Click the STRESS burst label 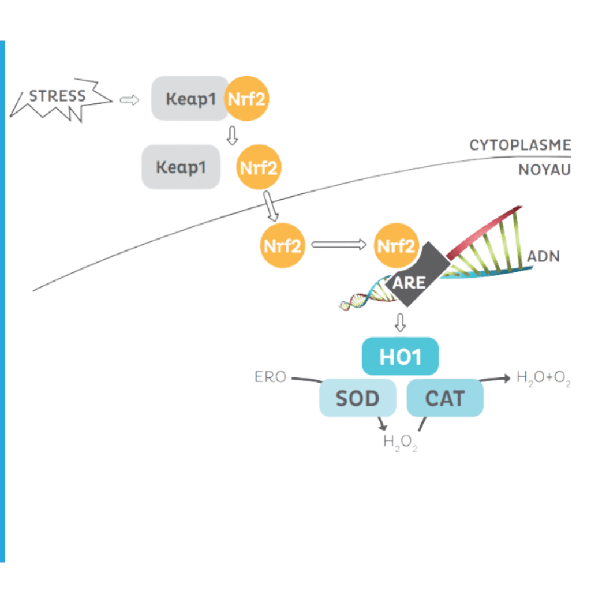(57, 96)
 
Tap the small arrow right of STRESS (129, 100)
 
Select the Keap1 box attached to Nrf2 (189, 98)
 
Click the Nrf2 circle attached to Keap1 (246, 99)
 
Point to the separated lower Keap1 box (181, 167)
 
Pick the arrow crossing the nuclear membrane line (271, 206)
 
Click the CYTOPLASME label (520, 145)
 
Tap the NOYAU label (545, 170)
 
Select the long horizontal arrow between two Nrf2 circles (339, 245)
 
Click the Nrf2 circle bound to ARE (396, 245)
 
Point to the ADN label (543, 257)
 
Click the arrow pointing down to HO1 (401, 323)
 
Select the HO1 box (401, 356)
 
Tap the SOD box (358, 398)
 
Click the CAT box (445, 398)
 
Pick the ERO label (270, 377)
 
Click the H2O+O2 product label (543, 378)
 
